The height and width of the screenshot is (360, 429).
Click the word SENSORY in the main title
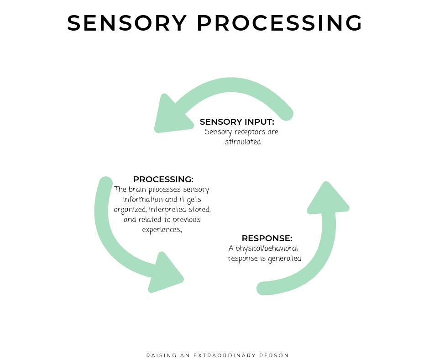(x=127, y=23)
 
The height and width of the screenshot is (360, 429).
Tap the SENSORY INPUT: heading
(x=237, y=122)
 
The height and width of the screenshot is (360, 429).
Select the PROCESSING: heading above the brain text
(x=163, y=180)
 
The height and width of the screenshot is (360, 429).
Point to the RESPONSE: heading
(x=267, y=238)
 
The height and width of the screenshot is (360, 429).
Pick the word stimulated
(x=243, y=142)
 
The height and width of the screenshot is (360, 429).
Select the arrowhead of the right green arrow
(x=327, y=199)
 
